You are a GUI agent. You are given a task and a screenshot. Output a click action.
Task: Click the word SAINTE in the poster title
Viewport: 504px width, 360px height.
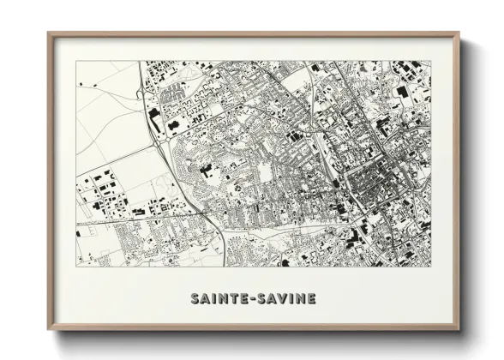219,298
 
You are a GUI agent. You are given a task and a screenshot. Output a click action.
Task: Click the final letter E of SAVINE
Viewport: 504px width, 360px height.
311,298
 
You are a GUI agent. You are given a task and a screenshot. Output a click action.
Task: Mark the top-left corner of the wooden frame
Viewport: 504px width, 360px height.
48,33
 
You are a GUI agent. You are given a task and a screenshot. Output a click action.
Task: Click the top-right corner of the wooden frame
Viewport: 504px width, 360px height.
459,33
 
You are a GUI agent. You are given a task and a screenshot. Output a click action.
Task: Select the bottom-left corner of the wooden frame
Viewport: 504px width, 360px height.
48,330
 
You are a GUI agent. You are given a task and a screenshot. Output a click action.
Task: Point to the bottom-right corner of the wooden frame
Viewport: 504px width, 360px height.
459,330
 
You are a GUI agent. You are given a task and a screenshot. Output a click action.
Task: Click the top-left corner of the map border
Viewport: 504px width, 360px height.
75,61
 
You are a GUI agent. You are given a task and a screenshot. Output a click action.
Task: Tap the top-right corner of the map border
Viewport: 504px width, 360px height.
431,61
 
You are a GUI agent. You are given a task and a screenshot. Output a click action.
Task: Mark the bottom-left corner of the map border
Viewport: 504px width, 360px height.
75,265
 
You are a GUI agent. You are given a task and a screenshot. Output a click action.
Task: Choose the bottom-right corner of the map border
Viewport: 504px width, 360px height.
431,265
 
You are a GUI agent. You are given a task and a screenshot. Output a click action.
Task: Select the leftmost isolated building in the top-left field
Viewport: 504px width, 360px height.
80,84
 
